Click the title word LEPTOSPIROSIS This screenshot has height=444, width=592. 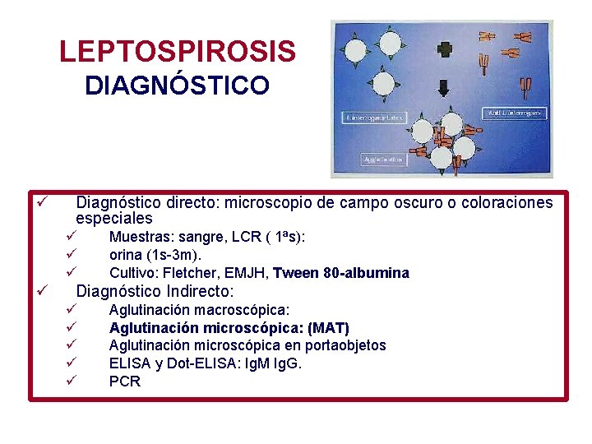(177, 52)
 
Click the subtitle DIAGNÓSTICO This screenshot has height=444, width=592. (177, 86)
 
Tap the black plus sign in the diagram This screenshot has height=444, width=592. (446, 49)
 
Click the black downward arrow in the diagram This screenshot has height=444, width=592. (446, 87)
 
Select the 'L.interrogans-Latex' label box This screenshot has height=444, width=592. (370, 118)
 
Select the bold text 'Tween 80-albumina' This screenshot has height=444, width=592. (340, 273)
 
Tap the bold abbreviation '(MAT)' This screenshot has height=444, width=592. (328, 327)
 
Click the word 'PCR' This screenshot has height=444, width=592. (125, 382)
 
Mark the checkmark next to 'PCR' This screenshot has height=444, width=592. (72, 381)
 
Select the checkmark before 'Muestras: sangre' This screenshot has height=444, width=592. (72, 237)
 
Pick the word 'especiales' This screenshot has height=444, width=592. (114, 219)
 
